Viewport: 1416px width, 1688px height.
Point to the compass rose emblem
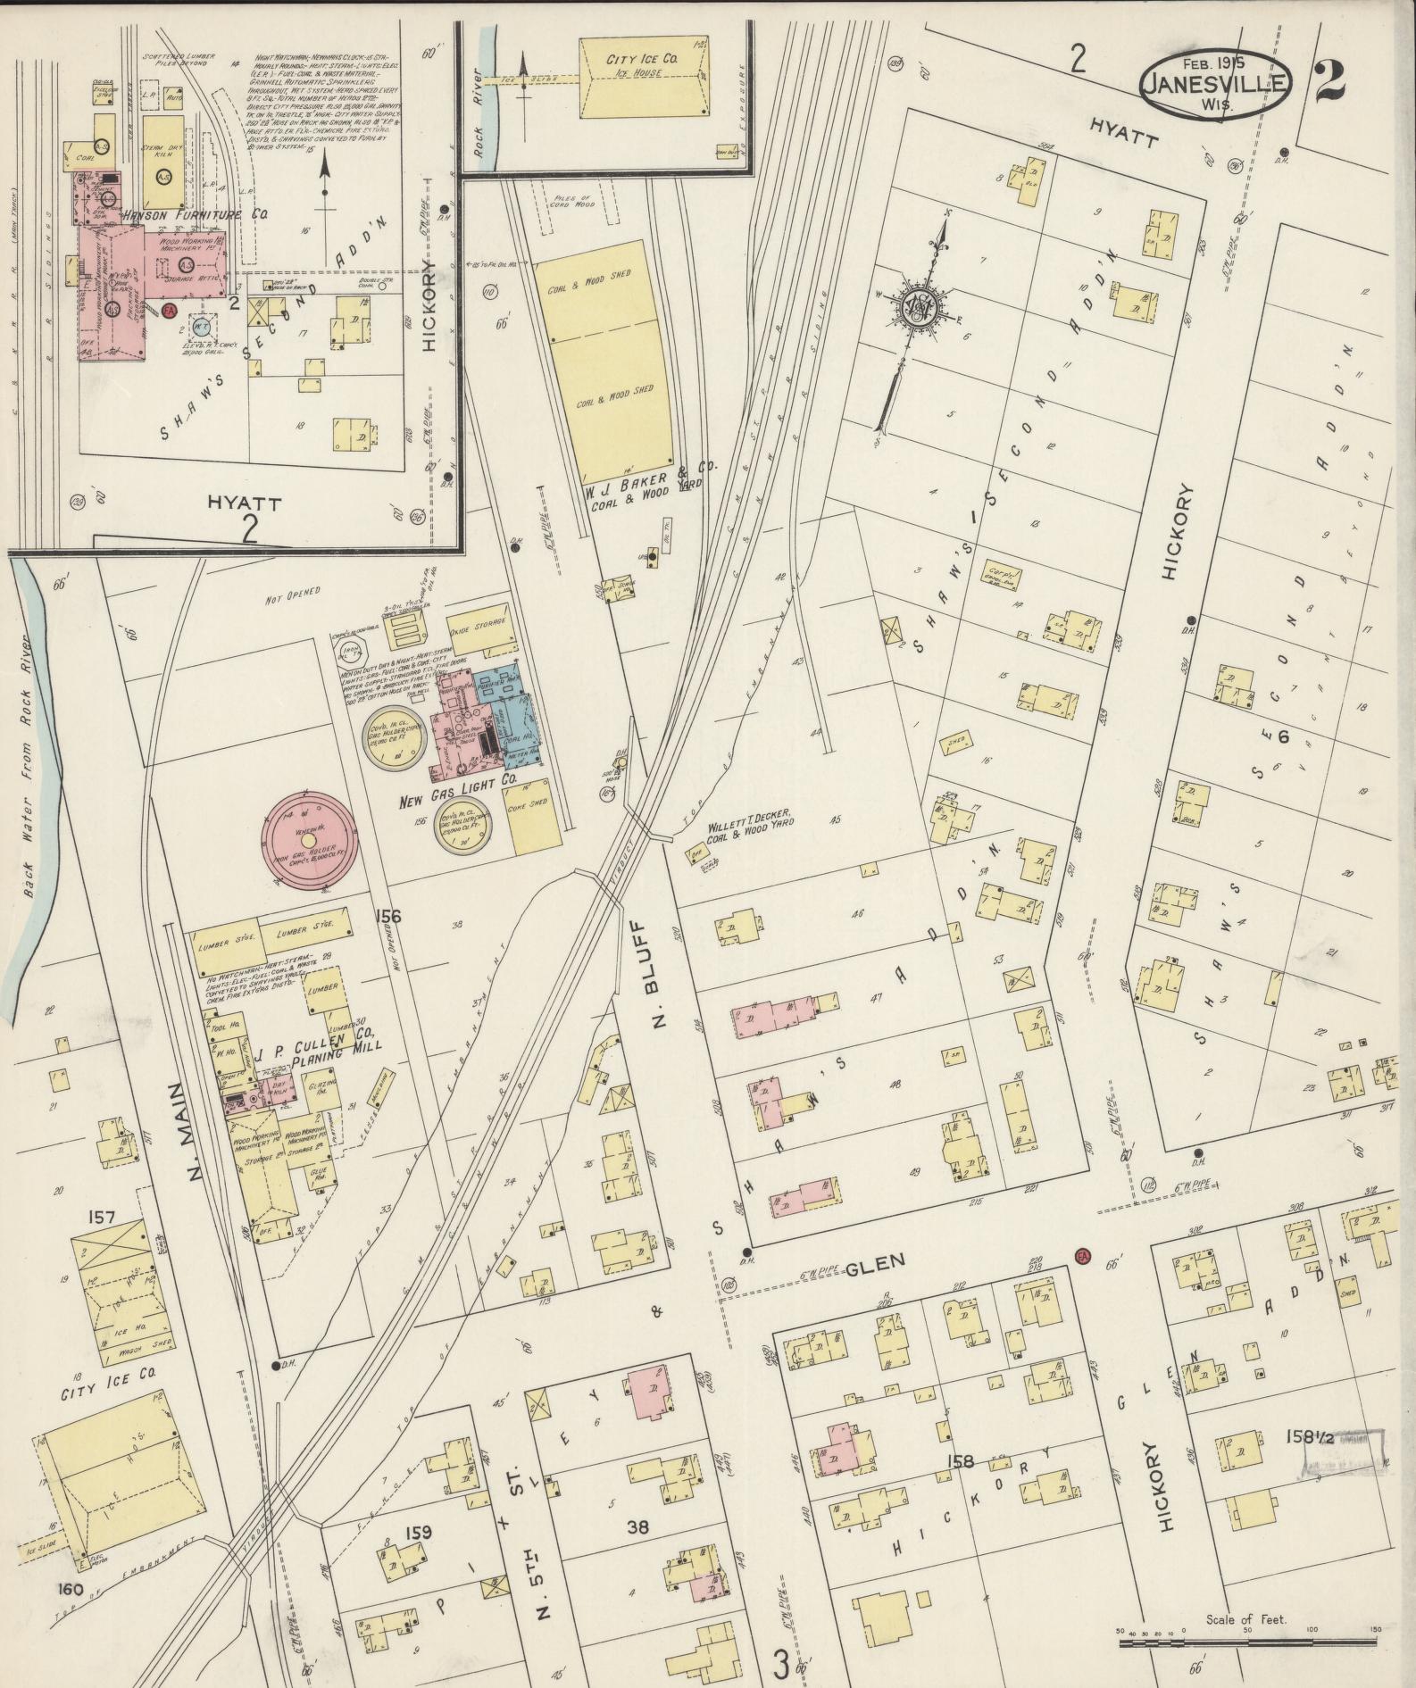920,307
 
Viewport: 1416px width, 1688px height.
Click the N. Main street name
198,1132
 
